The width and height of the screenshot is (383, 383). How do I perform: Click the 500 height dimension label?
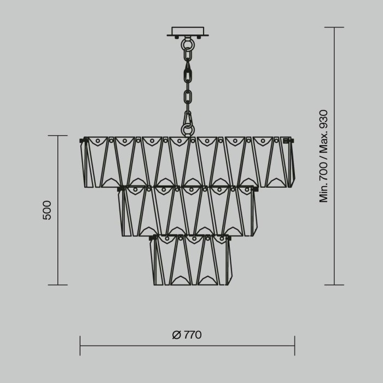pos(47,210)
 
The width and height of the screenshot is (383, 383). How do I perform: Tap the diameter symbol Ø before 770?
pos(176,335)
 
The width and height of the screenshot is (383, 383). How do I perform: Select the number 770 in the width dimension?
pos(193,335)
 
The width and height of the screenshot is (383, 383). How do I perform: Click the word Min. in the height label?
pos(323,191)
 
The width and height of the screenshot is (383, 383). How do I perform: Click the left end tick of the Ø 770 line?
pos(80,345)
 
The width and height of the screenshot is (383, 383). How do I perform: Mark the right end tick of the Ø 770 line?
pos(295,345)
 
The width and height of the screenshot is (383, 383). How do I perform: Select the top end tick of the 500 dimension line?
pos(58,136)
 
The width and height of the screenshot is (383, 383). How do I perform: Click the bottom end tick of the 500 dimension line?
pos(58,285)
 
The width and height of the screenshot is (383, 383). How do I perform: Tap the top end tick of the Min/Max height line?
pos(334,27)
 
